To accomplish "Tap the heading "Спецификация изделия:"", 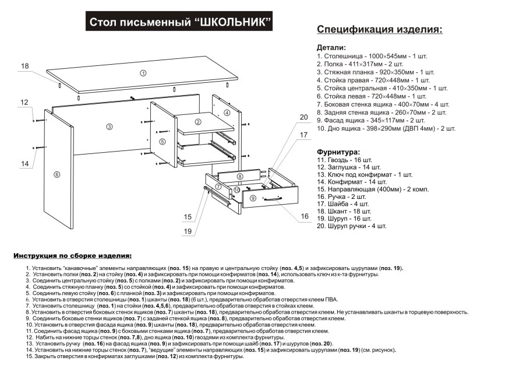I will [x=379, y=30].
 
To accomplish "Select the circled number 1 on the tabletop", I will [x=143, y=73].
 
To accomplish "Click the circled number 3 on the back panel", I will [x=109, y=127].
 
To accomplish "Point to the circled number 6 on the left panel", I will [x=56, y=174].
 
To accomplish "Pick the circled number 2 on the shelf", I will [x=198, y=122].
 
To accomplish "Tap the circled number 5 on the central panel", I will [x=162, y=141].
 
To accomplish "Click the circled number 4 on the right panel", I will [x=227, y=112].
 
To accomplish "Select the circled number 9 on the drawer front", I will [x=252, y=198].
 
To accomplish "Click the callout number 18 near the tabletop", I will [x=25, y=66].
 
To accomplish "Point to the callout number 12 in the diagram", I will [x=24, y=103].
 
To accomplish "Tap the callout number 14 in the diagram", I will [x=25, y=164].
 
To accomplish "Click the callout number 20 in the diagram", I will [x=303, y=117].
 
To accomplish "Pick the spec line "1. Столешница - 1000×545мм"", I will [x=372, y=56].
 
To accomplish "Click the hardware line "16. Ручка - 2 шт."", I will [x=344, y=197].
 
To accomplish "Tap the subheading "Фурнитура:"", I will [x=338, y=151].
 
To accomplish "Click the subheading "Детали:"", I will [x=331, y=47].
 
